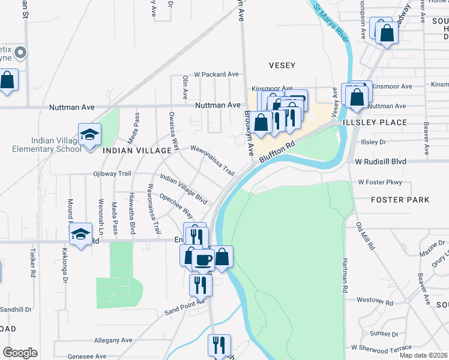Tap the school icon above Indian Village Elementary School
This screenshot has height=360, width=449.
[89, 134]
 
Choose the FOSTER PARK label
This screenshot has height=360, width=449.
[400, 199]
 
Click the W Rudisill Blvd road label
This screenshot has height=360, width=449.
[381, 161]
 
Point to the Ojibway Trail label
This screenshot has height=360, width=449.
[112, 173]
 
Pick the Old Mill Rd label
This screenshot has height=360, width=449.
[366, 236]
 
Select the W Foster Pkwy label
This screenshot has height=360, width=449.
[379, 182]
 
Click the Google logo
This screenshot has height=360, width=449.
[20, 352]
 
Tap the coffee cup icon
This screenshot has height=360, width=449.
[203, 259]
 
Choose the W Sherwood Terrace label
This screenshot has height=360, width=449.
[382, 347]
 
